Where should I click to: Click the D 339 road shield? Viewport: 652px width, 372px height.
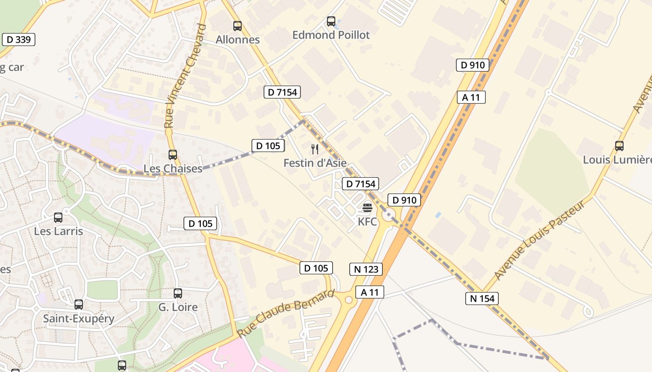coord(19,40)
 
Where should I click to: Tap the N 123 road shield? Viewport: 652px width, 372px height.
coord(366,269)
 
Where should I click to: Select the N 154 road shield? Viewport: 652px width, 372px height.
coord(482,299)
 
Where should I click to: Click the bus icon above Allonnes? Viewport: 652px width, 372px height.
coord(238,26)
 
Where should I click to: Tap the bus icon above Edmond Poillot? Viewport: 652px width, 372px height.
coord(331,21)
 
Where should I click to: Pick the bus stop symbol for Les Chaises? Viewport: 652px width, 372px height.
coord(173,155)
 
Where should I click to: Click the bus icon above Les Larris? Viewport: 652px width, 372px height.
coord(58,218)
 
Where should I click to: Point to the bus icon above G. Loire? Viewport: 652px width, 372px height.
coord(178,293)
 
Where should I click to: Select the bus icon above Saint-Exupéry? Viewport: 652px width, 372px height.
coord(79,305)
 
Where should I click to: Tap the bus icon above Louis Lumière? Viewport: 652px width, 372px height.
coord(619,146)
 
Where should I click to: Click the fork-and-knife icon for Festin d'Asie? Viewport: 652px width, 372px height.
coord(315,149)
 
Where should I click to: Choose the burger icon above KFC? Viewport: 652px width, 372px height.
coord(367,208)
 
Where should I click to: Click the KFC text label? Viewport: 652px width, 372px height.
coord(367,222)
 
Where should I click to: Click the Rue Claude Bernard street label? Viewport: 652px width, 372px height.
coord(286,313)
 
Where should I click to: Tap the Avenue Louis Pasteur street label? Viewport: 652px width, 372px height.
coord(539,241)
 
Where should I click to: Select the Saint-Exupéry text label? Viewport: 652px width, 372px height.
coord(79,319)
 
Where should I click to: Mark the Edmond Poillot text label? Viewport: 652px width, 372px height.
coord(331,35)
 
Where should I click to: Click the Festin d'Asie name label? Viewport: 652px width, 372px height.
coord(315,163)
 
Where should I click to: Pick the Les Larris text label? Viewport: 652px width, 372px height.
coord(58,231)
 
